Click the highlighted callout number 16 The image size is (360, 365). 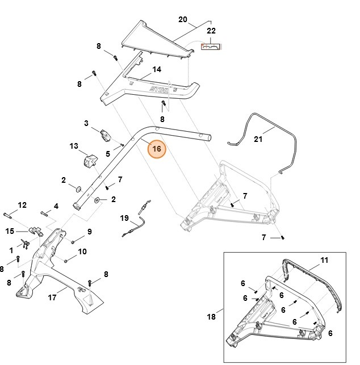click(157, 149)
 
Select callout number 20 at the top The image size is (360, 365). click(182, 19)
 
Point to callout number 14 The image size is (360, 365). click(157, 69)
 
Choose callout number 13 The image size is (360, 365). click(74, 146)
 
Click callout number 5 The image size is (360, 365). click(108, 154)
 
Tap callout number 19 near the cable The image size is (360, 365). click(125, 218)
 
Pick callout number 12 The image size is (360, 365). click(22, 205)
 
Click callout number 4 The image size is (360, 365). click(56, 206)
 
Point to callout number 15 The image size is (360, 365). click(10, 231)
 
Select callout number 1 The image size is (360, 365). click(11, 249)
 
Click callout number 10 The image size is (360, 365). click(82, 251)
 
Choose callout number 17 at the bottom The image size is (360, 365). click(52, 297)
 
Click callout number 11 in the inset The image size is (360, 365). click(324, 260)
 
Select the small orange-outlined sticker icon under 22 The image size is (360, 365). click(211, 48)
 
